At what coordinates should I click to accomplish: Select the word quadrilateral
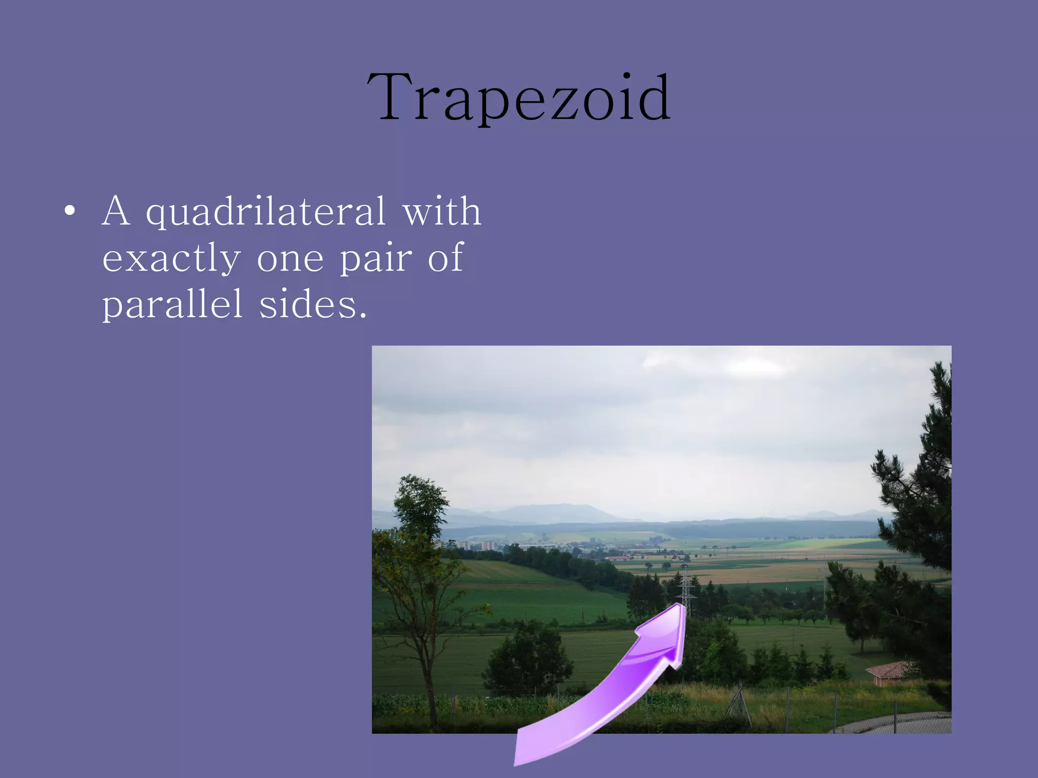[x=266, y=212]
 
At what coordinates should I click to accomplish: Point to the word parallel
[x=172, y=304]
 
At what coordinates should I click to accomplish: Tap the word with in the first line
[x=441, y=212]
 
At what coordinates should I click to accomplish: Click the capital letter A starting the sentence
[x=116, y=212]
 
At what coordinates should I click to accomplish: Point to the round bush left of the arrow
[x=527, y=658]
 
